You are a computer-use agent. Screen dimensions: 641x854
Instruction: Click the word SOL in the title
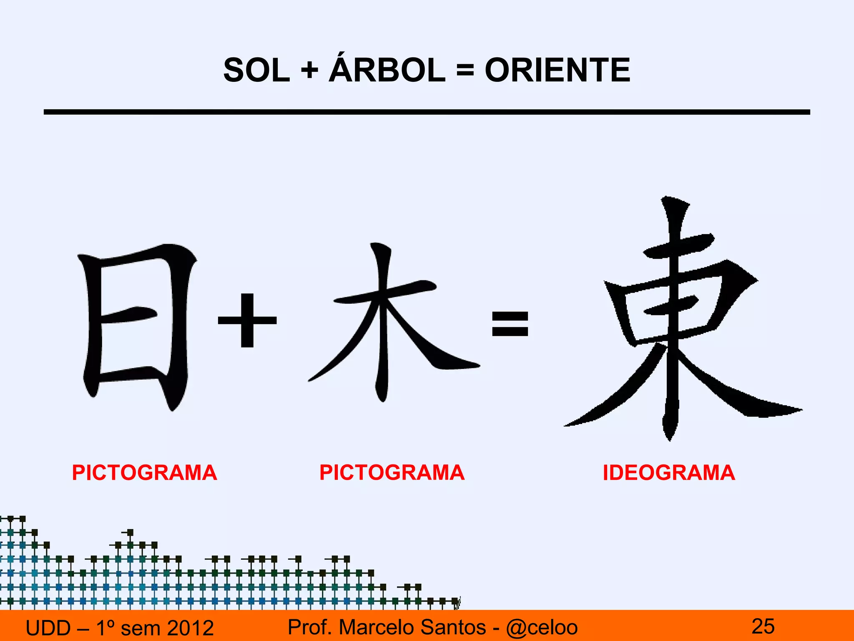(256, 70)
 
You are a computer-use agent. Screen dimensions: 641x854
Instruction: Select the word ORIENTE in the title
(557, 70)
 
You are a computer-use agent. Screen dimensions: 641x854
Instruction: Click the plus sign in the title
(309, 70)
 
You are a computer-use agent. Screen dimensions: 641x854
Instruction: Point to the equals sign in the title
(465, 70)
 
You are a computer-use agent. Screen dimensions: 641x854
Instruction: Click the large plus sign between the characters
(247, 320)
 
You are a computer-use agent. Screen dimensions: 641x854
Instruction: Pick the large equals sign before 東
(510, 324)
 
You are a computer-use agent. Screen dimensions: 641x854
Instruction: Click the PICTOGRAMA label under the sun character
(144, 473)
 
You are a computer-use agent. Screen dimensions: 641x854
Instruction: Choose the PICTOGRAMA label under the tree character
(392, 473)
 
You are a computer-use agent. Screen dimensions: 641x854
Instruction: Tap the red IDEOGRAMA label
(669, 473)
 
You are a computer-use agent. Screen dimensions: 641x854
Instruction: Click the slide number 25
(763, 626)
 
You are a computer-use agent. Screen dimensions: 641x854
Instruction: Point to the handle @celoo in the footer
(542, 627)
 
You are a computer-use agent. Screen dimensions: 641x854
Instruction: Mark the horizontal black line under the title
(427, 112)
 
